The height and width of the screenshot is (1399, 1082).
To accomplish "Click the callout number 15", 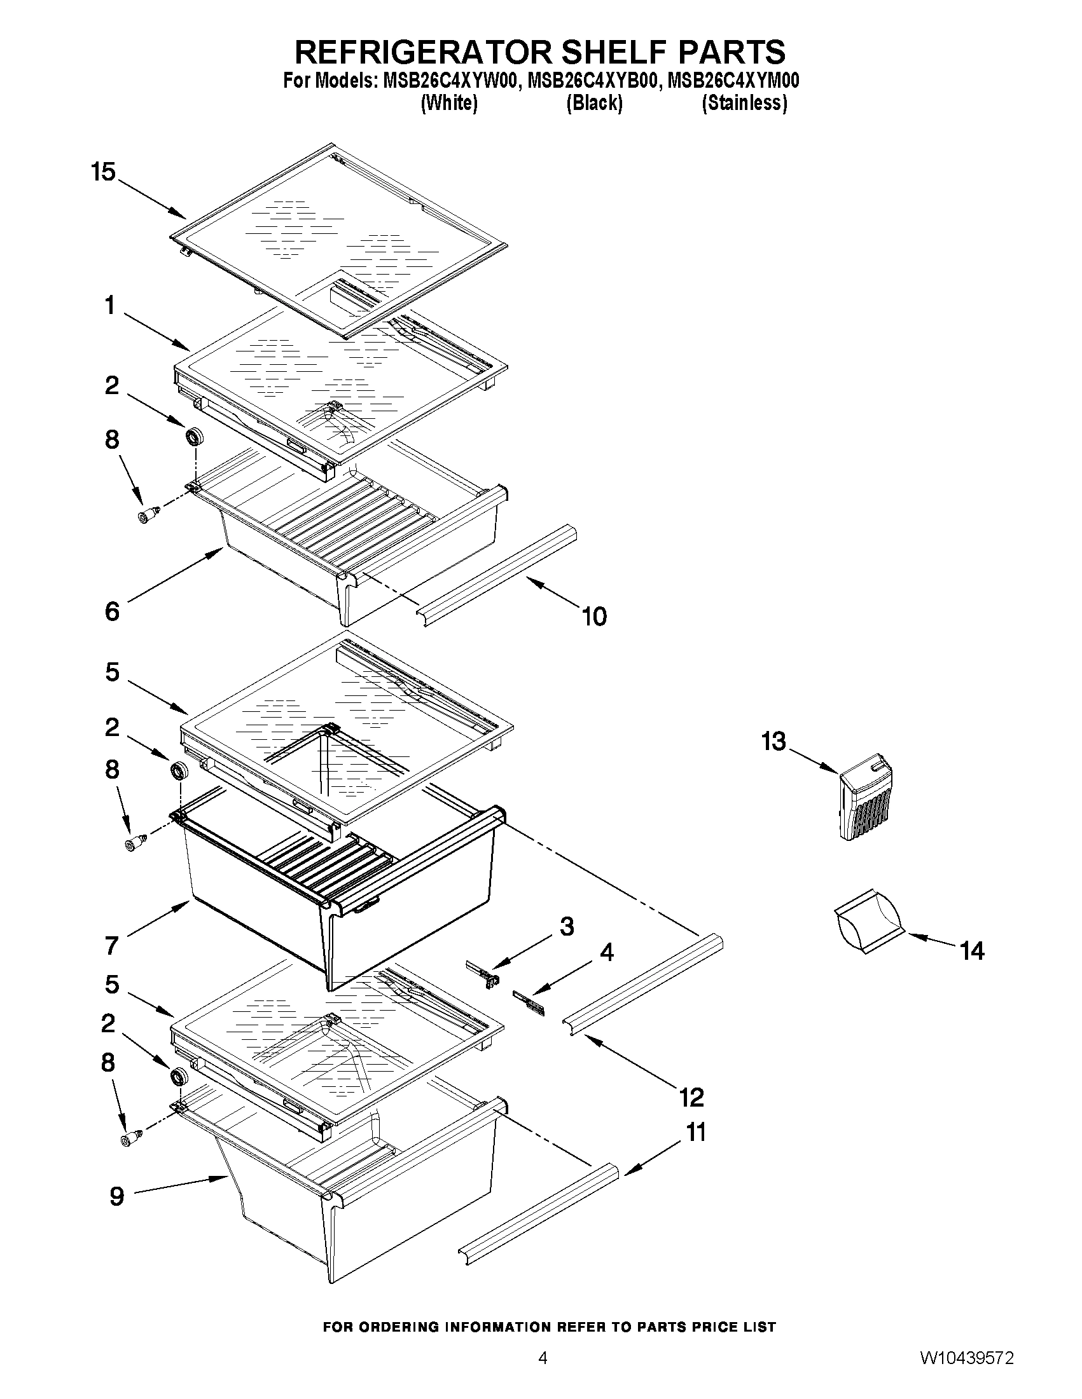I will tap(103, 172).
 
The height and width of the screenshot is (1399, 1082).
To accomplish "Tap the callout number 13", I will tap(773, 742).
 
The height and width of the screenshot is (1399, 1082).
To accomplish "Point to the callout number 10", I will tap(594, 616).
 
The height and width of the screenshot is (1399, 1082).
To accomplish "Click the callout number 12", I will tap(691, 1097).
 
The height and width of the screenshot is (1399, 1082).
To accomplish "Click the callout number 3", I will tap(567, 927).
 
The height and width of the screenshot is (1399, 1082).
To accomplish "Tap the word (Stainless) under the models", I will tap(744, 102).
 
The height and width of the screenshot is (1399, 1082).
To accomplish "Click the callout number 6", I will tap(111, 611).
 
